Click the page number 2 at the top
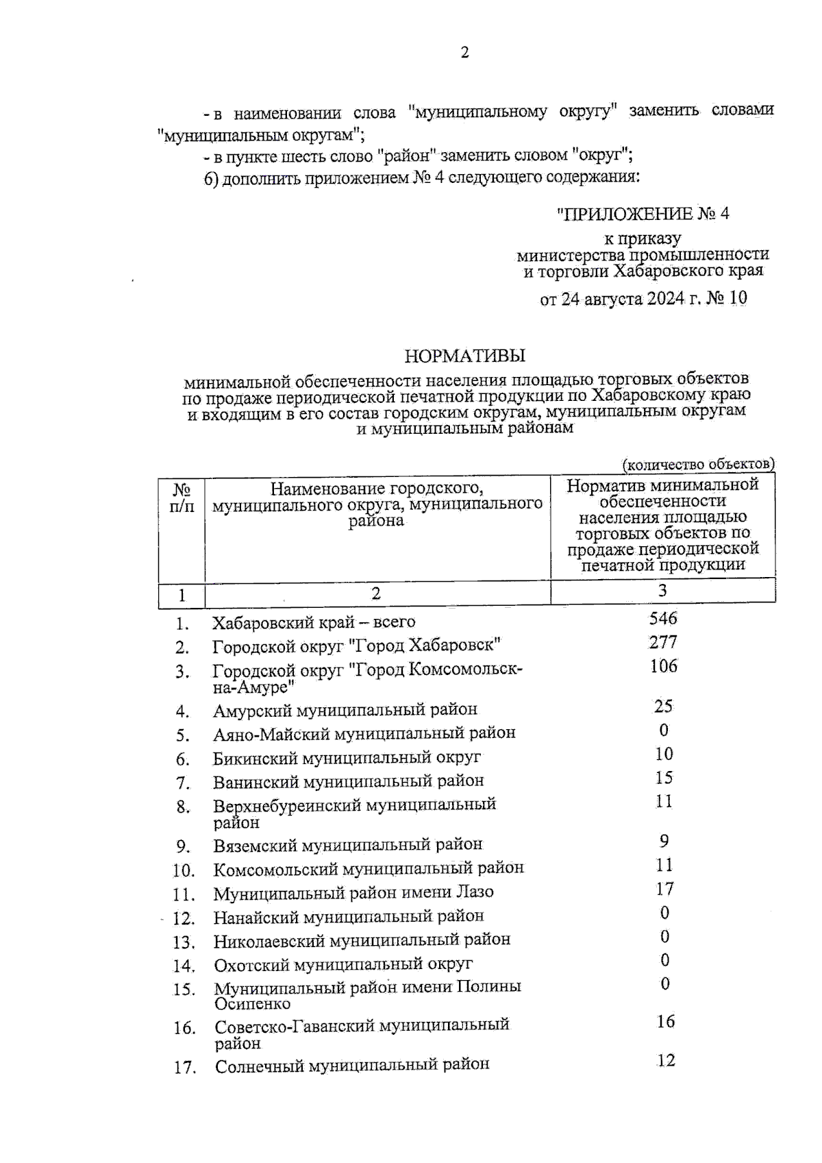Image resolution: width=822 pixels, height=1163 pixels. [x=465, y=53]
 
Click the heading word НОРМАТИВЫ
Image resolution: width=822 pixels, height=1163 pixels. [x=464, y=356]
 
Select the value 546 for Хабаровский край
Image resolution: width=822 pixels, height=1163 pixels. [x=663, y=619]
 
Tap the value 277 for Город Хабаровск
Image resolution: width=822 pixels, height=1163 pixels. [x=663, y=643]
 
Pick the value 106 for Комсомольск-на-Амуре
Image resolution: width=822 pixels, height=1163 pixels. [x=663, y=666]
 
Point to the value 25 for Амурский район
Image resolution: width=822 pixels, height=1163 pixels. [x=663, y=706]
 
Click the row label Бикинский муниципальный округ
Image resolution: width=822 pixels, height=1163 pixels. [x=347, y=758]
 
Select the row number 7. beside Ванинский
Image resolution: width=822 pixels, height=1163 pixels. [x=182, y=783]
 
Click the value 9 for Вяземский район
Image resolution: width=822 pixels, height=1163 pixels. [x=663, y=841]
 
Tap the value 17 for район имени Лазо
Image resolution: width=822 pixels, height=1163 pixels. [x=664, y=889]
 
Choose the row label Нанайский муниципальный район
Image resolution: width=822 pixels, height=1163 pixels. [x=349, y=916]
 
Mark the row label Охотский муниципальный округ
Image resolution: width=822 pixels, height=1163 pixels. [x=343, y=964]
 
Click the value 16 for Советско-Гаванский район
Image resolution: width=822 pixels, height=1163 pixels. [x=665, y=1022]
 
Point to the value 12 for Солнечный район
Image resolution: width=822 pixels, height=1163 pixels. [x=666, y=1061]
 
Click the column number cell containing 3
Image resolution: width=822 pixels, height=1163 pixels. [x=662, y=591]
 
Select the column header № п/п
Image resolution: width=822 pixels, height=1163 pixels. [x=182, y=498]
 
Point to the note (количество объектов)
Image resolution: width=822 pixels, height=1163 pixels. [x=697, y=465]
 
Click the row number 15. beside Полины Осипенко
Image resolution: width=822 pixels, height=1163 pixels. [x=184, y=990]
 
